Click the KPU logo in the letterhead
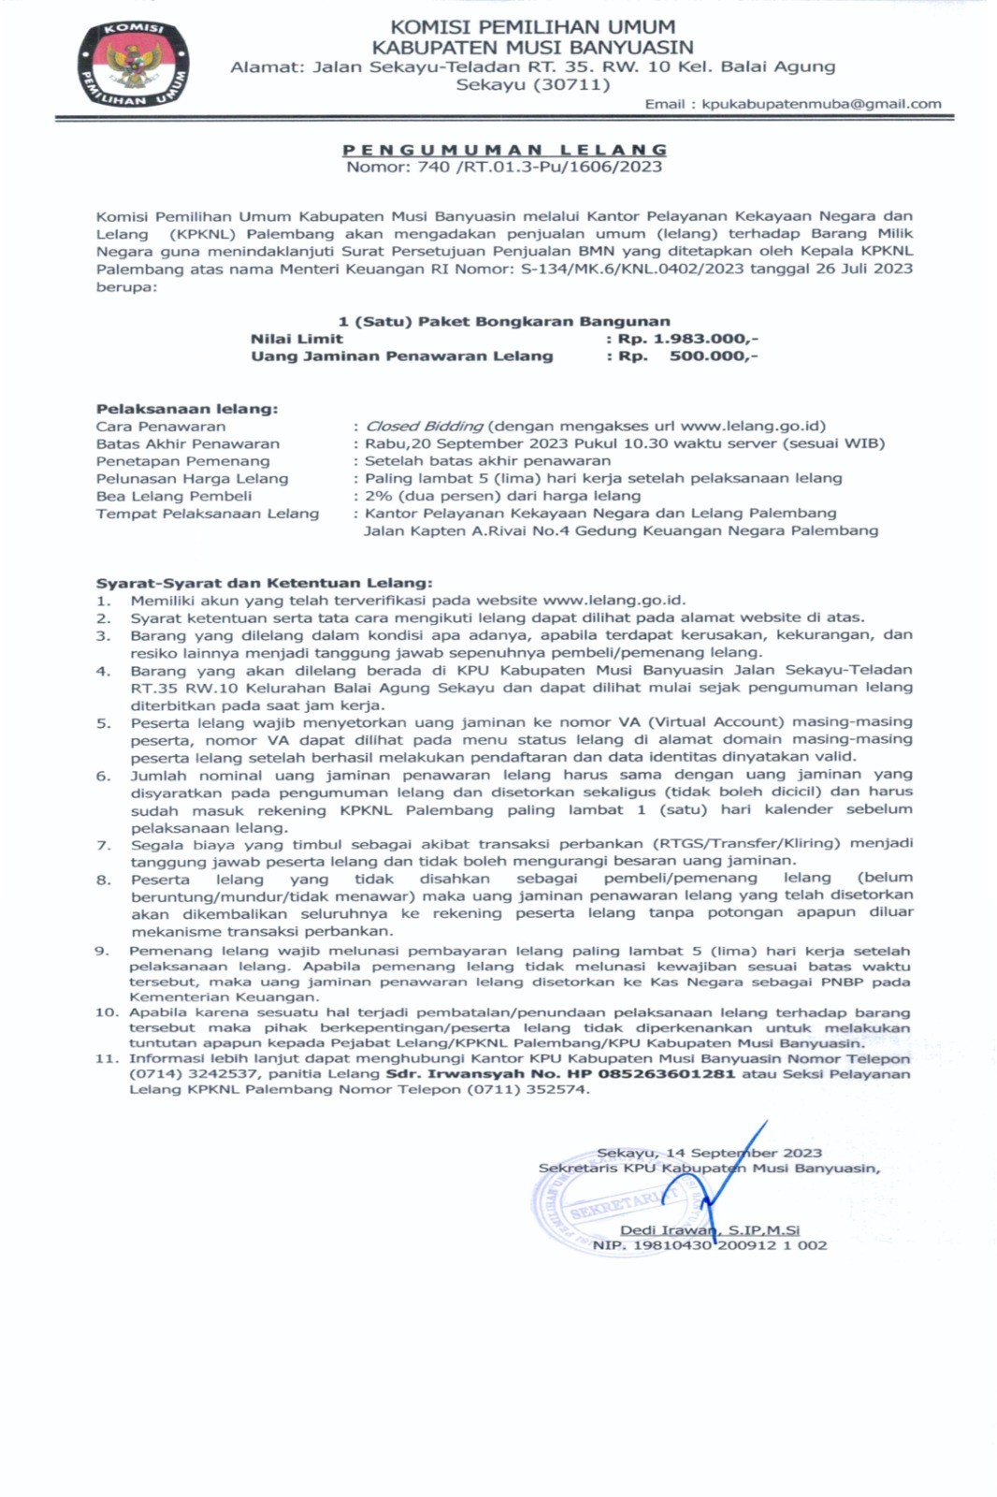coord(134,65)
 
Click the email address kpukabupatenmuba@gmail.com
coord(821,104)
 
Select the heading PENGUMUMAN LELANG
coord(504,150)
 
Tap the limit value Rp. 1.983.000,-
coord(687,339)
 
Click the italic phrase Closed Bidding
coord(424,426)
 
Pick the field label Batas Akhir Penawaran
coord(187,443)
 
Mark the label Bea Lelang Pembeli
coord(174,496)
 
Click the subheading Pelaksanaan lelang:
coord(187,409)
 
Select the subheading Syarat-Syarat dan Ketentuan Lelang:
coord(265,583)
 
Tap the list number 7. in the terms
coord(104,845)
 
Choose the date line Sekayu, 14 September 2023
coord(709,1153)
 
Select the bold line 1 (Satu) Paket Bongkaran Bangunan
coord(504,321)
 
